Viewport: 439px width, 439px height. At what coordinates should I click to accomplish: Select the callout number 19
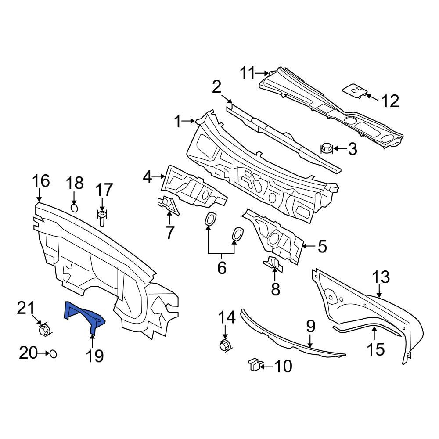click(x=95, y=356)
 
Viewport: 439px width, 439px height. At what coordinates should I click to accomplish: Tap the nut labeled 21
click(x=44, y=330)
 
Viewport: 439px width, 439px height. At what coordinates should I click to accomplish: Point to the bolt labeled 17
click(x=101, y=218)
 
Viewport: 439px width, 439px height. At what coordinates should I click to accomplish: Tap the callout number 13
click(x=381, y=277)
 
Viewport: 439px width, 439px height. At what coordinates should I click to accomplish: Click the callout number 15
click(x=376, y=349)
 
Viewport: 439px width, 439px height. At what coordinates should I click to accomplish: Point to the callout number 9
click(x=311, y=326)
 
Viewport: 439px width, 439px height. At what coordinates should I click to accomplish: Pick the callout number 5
click(x=322, y=247)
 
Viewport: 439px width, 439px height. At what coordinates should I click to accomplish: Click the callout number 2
click(x=216, y=87)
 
